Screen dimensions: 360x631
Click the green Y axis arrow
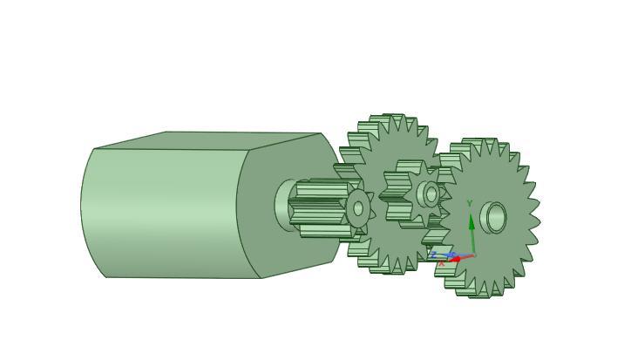[x=472, y=228]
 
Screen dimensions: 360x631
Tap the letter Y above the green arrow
[x=470, y=204]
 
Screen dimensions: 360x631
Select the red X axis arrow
[x=458, y=259]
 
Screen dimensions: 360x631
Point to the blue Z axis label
[x=433, y=255]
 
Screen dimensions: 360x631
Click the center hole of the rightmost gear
[x=496, y=217]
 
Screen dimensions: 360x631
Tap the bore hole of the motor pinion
[x=358, y=209]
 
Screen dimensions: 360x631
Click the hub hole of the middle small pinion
[x=431, y=194]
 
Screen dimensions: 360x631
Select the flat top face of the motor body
[x=209, y=140]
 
